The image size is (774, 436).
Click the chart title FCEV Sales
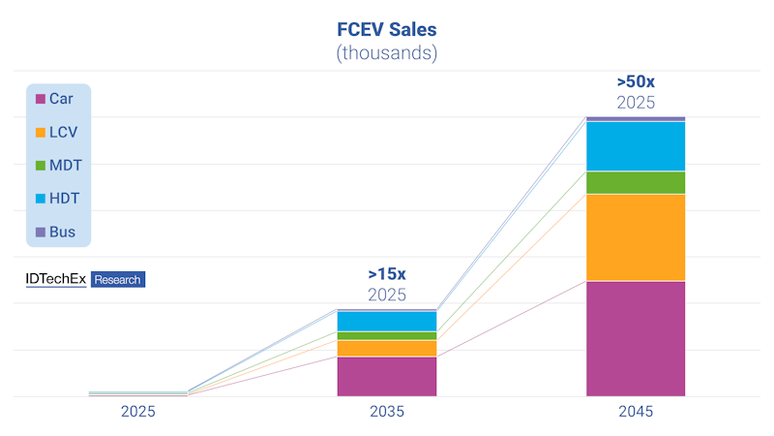point(387,27)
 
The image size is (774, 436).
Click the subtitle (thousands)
point(387,53)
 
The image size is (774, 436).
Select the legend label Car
point(61,99)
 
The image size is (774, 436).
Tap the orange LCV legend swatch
point(41,132)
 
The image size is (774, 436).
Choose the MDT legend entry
point(64,166)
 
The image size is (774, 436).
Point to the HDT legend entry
point(64,199)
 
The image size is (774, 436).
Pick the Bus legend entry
point(62,233)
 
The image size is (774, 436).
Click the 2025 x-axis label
point(137,412)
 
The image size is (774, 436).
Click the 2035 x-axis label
point(387,412)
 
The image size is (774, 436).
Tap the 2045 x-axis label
point(636,412)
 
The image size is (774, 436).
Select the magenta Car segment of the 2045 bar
point(636,338)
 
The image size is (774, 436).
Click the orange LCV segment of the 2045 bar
point(636,237)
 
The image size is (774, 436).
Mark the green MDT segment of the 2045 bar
point(636,182)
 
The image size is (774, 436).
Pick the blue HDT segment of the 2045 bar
point(636,146)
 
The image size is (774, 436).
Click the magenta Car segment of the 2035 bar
point(387,376)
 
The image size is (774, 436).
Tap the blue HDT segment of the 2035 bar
point(387,321)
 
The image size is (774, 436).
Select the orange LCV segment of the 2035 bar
point(387,348)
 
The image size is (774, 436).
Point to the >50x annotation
point(636,81)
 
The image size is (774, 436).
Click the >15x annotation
point(387,274)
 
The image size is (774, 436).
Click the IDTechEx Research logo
point(85,279)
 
